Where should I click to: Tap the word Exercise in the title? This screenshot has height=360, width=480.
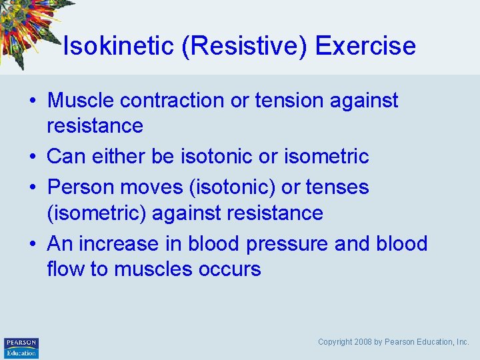pyautogui.click(x=365, y=46)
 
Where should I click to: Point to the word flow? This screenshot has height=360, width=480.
pyautogui.click(x=66, y=269)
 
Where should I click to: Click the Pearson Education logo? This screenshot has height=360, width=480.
pyautogui.click(x=21, y=347)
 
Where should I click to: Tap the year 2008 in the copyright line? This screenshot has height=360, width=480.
pyautogui.click(x=363, y=342)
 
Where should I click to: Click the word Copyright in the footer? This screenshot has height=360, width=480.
pyautogui.click(x=335, y=342)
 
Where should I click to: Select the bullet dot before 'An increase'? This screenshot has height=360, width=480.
pyautogui.click(x=33, y=245)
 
